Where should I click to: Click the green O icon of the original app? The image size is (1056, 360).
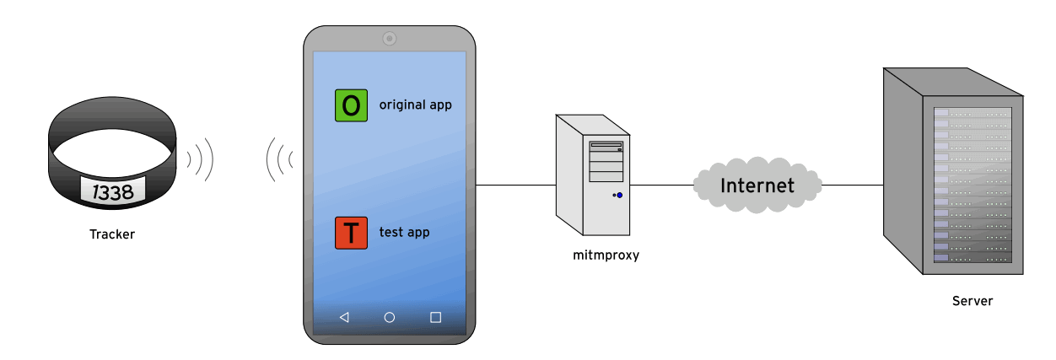click(351, 105)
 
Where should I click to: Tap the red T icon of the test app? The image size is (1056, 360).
click(351, 233)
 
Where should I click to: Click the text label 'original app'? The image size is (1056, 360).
click(415, 105)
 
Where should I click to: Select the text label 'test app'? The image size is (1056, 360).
click(404, 232)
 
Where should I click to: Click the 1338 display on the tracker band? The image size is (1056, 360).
click(113, 191)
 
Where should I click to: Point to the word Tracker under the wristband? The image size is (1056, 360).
click(112, 234)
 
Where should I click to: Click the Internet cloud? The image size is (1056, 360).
click(757, 185)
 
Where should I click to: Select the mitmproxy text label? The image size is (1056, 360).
click(606, 255)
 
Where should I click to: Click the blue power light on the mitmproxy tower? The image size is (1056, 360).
click(620, 195)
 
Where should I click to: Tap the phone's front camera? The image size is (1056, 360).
click(389, 38)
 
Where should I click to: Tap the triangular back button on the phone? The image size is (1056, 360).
click(344, 317)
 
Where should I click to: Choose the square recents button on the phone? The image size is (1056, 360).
click(435, 317)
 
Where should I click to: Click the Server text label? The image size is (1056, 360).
click(972, 301)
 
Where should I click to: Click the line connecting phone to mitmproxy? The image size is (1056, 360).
click(515, 185)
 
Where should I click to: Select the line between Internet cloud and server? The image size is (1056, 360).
click(852, 185)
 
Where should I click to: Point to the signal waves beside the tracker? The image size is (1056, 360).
click(200, 158)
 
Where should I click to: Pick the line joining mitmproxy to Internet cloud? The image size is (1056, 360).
click(661, 185)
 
